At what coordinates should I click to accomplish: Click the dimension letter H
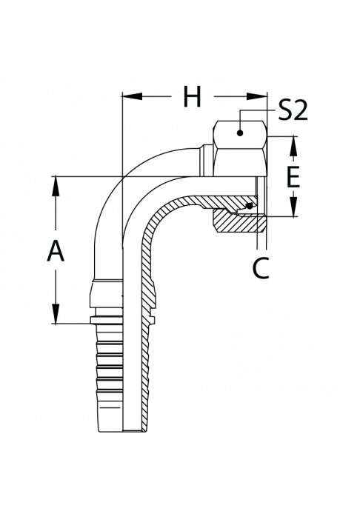(x=192, y=96)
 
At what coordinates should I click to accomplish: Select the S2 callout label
(x=293, y=110)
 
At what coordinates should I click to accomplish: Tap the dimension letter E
(x=293, y=177)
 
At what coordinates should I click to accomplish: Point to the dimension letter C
(x=261, y=268)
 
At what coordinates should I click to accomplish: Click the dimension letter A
(x=56, y=250)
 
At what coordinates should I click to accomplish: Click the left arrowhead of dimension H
(x=132, y=96)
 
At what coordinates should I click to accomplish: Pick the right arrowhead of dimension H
(x=256, y=96)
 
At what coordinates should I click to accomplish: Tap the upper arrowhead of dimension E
(x=294, y=147)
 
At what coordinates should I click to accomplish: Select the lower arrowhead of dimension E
(x=294, y=207)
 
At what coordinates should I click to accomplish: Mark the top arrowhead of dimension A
(x=56, y=187)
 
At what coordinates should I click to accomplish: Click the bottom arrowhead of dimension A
(x=56, y=313)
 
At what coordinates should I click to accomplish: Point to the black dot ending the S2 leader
(x=240, y=133)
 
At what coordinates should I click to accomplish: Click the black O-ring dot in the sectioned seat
(x=250, y=207)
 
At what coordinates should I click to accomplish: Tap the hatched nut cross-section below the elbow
(x=238, y=222)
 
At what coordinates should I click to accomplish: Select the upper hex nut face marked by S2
(x=241, y=133)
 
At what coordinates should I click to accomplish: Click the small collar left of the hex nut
(x=207, y=161)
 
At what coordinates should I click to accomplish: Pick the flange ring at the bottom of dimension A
(x=106, y=320)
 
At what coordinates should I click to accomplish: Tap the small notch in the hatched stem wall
(x=150, y=316)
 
